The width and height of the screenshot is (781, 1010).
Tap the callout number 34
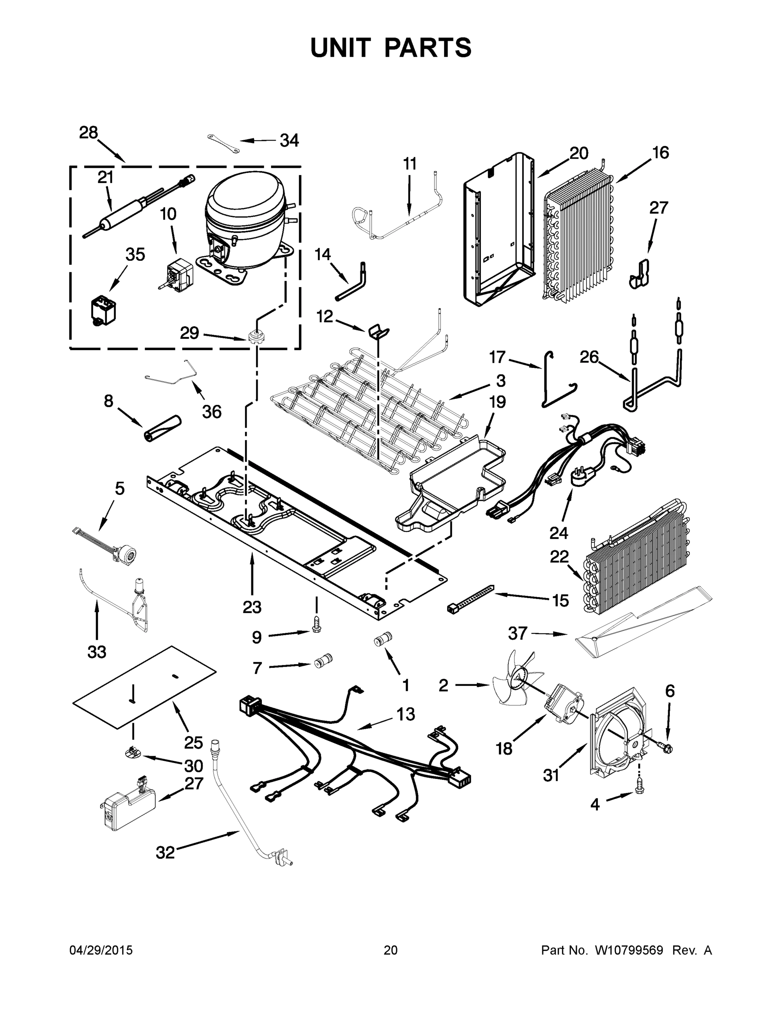[289, 141]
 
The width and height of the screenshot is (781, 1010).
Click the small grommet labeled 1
[382, 641]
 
